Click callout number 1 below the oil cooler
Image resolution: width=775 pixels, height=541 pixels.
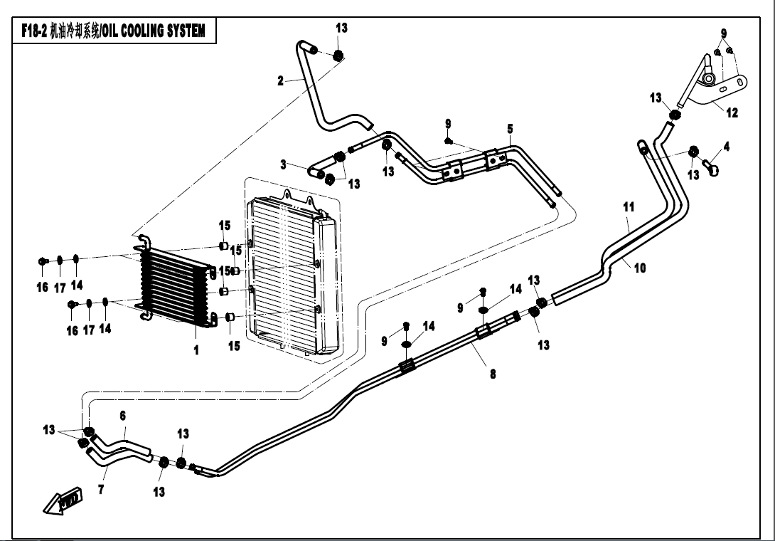196,350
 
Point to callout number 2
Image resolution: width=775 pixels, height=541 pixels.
281,80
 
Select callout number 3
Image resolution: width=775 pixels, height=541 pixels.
283,164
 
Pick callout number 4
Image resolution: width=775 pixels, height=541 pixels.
726,147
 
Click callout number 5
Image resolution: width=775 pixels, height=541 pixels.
510,129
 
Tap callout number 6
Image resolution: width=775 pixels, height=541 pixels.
122,415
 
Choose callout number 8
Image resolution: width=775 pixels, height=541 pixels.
493,373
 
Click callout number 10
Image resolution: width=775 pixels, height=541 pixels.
640,268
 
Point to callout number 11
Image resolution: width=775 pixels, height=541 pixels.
628,207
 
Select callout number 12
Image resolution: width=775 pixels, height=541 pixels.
732,112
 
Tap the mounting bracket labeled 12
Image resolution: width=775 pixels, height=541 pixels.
722,89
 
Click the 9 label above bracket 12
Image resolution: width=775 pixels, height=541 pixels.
724,33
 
